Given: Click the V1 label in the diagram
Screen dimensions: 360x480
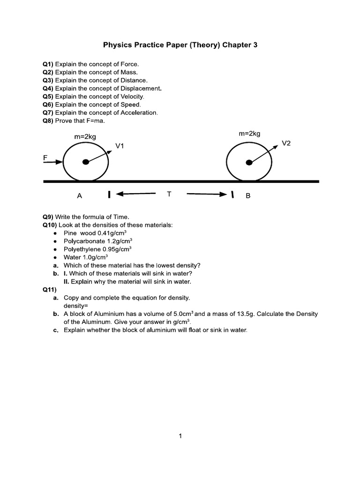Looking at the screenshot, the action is pos(120,146).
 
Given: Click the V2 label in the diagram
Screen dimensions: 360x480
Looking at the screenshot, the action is pos(286,143).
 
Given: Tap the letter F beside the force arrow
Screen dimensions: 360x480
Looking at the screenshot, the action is pos(45,157).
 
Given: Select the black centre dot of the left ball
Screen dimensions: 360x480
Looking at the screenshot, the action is pos(85,162).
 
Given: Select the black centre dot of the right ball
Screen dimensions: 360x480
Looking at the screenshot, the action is pos(249,162).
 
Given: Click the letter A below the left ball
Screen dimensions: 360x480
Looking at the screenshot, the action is pos(80,196).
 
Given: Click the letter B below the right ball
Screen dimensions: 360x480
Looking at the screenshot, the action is pos(248,196).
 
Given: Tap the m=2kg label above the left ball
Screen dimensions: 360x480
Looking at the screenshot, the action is pos(85,136).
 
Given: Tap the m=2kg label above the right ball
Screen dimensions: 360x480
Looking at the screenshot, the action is pos(249,134).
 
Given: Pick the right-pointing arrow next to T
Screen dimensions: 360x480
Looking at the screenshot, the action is pos(207,194).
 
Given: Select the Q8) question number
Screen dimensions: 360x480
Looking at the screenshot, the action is pos(48,120).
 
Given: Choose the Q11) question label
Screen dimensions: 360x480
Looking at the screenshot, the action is pos(49,290).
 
